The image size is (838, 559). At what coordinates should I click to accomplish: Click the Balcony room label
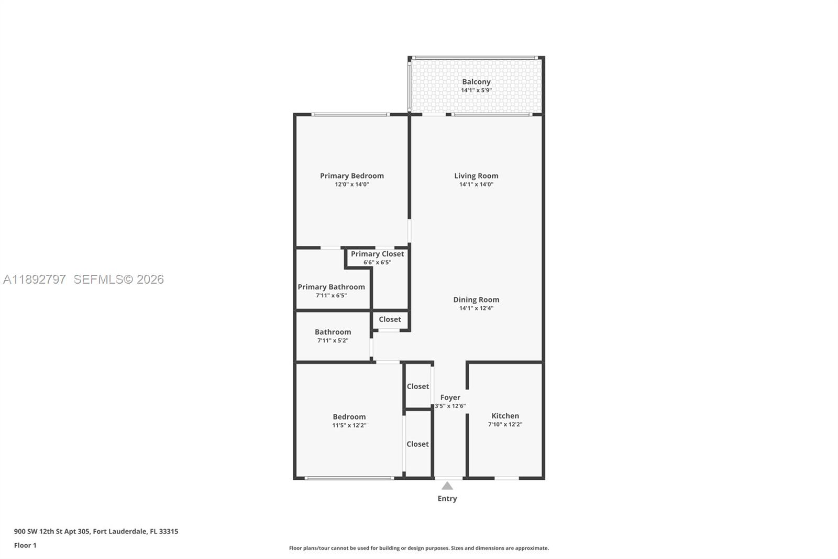[476, 82]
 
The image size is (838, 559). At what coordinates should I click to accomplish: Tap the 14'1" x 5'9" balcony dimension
[476, 90]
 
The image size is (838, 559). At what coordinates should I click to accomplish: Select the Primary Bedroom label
[352, 176]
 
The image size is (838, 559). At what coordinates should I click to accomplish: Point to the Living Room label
[476, 176]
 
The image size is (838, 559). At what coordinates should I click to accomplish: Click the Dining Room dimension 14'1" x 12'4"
[476, 308]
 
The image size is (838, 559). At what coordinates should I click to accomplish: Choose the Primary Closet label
[377, 254]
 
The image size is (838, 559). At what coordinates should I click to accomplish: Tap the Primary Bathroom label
[331, 287]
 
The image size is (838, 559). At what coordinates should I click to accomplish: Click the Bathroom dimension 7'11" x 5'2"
[333, 340]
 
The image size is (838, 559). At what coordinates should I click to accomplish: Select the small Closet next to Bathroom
[390, 319]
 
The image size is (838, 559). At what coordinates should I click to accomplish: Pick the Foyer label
[450, 397]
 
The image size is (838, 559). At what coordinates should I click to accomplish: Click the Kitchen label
[505, 416]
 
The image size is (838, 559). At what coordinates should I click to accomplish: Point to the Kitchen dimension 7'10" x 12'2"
[505, 424]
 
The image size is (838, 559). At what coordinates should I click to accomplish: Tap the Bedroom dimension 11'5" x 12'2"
[349, 425]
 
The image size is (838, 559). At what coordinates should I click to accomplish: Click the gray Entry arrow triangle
[447, 486]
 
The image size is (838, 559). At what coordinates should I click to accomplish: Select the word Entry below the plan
[447, 499]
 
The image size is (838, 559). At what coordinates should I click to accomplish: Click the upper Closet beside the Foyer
[417, 386]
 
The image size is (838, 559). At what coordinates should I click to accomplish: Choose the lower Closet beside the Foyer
[417, 444]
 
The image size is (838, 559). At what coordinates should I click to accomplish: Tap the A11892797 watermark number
[35, 279]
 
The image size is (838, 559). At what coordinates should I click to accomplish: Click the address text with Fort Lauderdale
[96, 531]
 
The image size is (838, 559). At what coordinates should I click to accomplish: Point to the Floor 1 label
[25, 545]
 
